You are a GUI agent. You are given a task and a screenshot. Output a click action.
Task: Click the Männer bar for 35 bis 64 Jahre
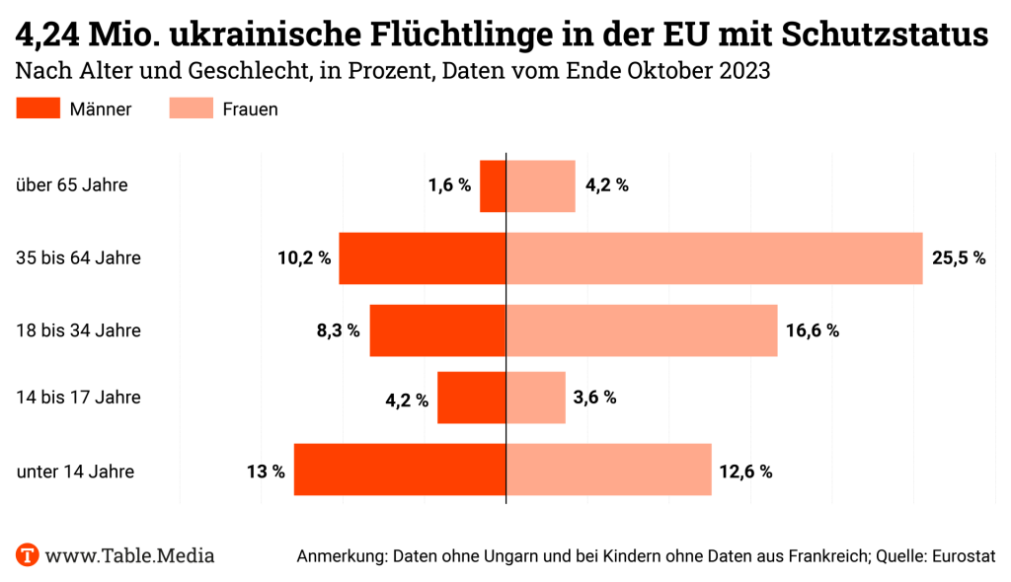tap(422, 258)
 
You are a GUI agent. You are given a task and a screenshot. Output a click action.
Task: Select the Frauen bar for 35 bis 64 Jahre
tap(714, 258)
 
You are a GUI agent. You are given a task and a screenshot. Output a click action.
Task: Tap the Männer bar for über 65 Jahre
tap(493, 185)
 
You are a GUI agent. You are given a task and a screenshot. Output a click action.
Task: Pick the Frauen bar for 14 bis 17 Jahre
tap(535, 398)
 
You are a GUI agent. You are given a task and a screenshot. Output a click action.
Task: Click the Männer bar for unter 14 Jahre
tap(400, 470)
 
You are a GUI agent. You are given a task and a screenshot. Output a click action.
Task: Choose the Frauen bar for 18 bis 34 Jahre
tap(642, 330)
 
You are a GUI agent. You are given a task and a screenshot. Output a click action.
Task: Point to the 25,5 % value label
tap(958, 258)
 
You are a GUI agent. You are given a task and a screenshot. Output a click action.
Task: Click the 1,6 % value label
tap(449, 185)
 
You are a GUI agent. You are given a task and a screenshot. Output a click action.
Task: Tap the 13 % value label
tap(266, 472)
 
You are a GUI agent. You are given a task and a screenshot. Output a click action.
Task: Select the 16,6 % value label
tap(813, 330)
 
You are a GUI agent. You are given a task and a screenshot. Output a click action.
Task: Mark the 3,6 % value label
tap(594, 398)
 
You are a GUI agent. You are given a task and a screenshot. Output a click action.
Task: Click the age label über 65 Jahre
tap(72, 184)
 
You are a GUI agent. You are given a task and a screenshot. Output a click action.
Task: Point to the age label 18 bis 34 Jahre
tap(79, 330)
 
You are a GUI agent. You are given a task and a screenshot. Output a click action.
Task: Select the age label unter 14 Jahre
tap(75, 472)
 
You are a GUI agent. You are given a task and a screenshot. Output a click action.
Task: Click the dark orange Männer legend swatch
tap(39, 109)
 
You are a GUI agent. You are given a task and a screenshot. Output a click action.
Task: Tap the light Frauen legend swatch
tap(191, 109)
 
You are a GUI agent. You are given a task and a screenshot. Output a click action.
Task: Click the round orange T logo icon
tap(28, 554)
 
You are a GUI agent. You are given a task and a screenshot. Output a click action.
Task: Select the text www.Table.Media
tap(129, 555)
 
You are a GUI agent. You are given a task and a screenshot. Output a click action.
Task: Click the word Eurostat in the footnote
tap(962, 556)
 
